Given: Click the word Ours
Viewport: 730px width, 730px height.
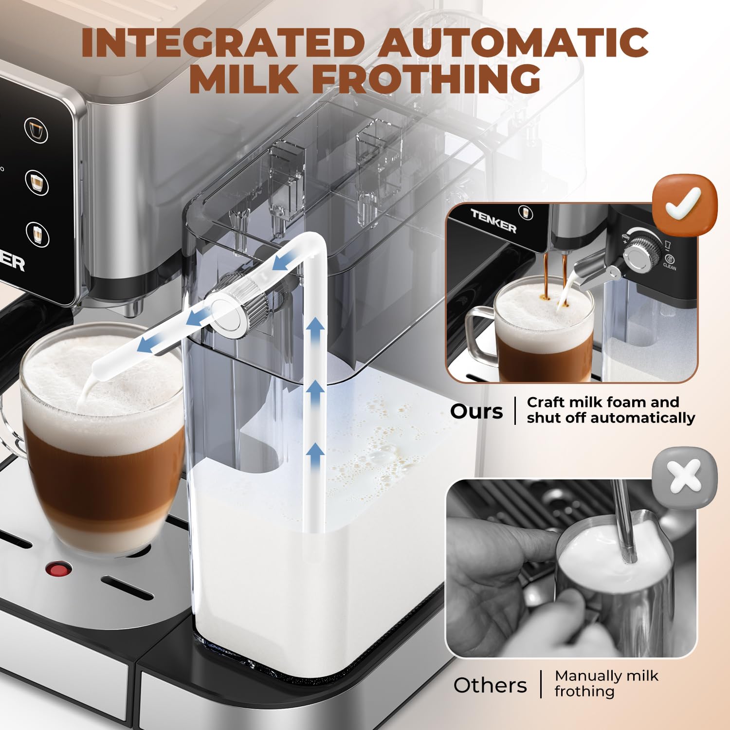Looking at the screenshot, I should (476, 412).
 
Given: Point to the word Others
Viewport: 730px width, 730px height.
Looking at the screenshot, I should (490, 685).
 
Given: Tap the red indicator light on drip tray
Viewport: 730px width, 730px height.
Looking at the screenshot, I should (58, 568).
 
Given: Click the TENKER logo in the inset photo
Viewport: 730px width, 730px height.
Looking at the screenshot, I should (493, 220).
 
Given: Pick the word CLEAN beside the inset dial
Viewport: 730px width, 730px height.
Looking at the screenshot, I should (670, 267).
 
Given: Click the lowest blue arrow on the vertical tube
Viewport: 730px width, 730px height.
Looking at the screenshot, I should (315, 456).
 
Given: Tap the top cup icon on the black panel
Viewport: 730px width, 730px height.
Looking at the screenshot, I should (36, 130).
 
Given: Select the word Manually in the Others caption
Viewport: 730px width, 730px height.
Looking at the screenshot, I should (581, 675).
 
